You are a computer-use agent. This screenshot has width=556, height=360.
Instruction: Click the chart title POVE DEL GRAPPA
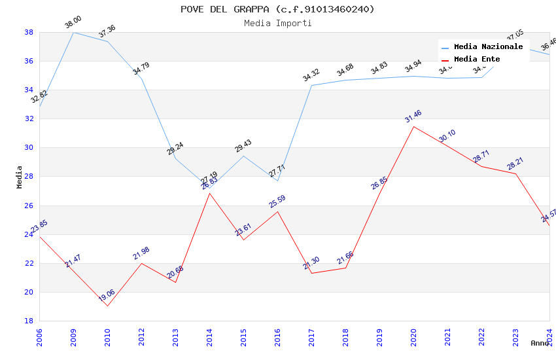pos(277,9)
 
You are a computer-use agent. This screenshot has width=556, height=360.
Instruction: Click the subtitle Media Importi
pos(277,23)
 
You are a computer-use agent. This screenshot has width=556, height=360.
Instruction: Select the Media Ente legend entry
pos(477,59)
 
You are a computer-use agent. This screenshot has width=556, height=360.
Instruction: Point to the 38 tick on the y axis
pos(29,32)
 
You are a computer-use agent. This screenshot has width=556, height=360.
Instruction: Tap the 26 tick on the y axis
pos(29,206)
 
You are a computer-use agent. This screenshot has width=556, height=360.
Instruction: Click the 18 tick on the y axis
pos(29,321)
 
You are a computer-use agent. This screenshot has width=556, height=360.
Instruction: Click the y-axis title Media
pos(19,177)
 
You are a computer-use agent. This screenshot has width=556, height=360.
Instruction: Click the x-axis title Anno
pos(540,343)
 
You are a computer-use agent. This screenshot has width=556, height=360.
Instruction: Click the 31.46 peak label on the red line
pos(413,117)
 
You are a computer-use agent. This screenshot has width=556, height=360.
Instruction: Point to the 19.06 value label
pos(107,297)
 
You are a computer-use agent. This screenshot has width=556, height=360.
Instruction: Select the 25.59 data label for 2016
pos(277,202)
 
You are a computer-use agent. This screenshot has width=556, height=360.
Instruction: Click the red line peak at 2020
pos(413,126)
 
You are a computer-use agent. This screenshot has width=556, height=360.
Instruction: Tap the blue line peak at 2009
pos(73,32)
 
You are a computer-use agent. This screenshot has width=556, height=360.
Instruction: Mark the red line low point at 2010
pos(107,306)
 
